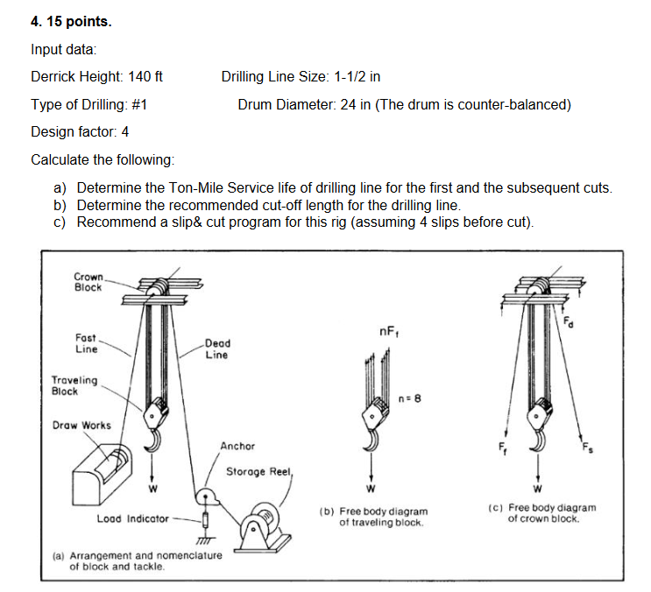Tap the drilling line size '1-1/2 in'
coord(357,77)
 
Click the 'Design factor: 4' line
coord(80,132)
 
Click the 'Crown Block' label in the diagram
coord(88,281)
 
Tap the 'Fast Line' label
coord(86,342)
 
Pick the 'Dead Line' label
coord(216,349)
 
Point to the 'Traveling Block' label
coord(76,386)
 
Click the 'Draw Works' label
coord(81,426)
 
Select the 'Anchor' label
coord(237,446)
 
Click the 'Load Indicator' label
coord(132,518)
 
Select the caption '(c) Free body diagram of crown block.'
coord(551,512)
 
